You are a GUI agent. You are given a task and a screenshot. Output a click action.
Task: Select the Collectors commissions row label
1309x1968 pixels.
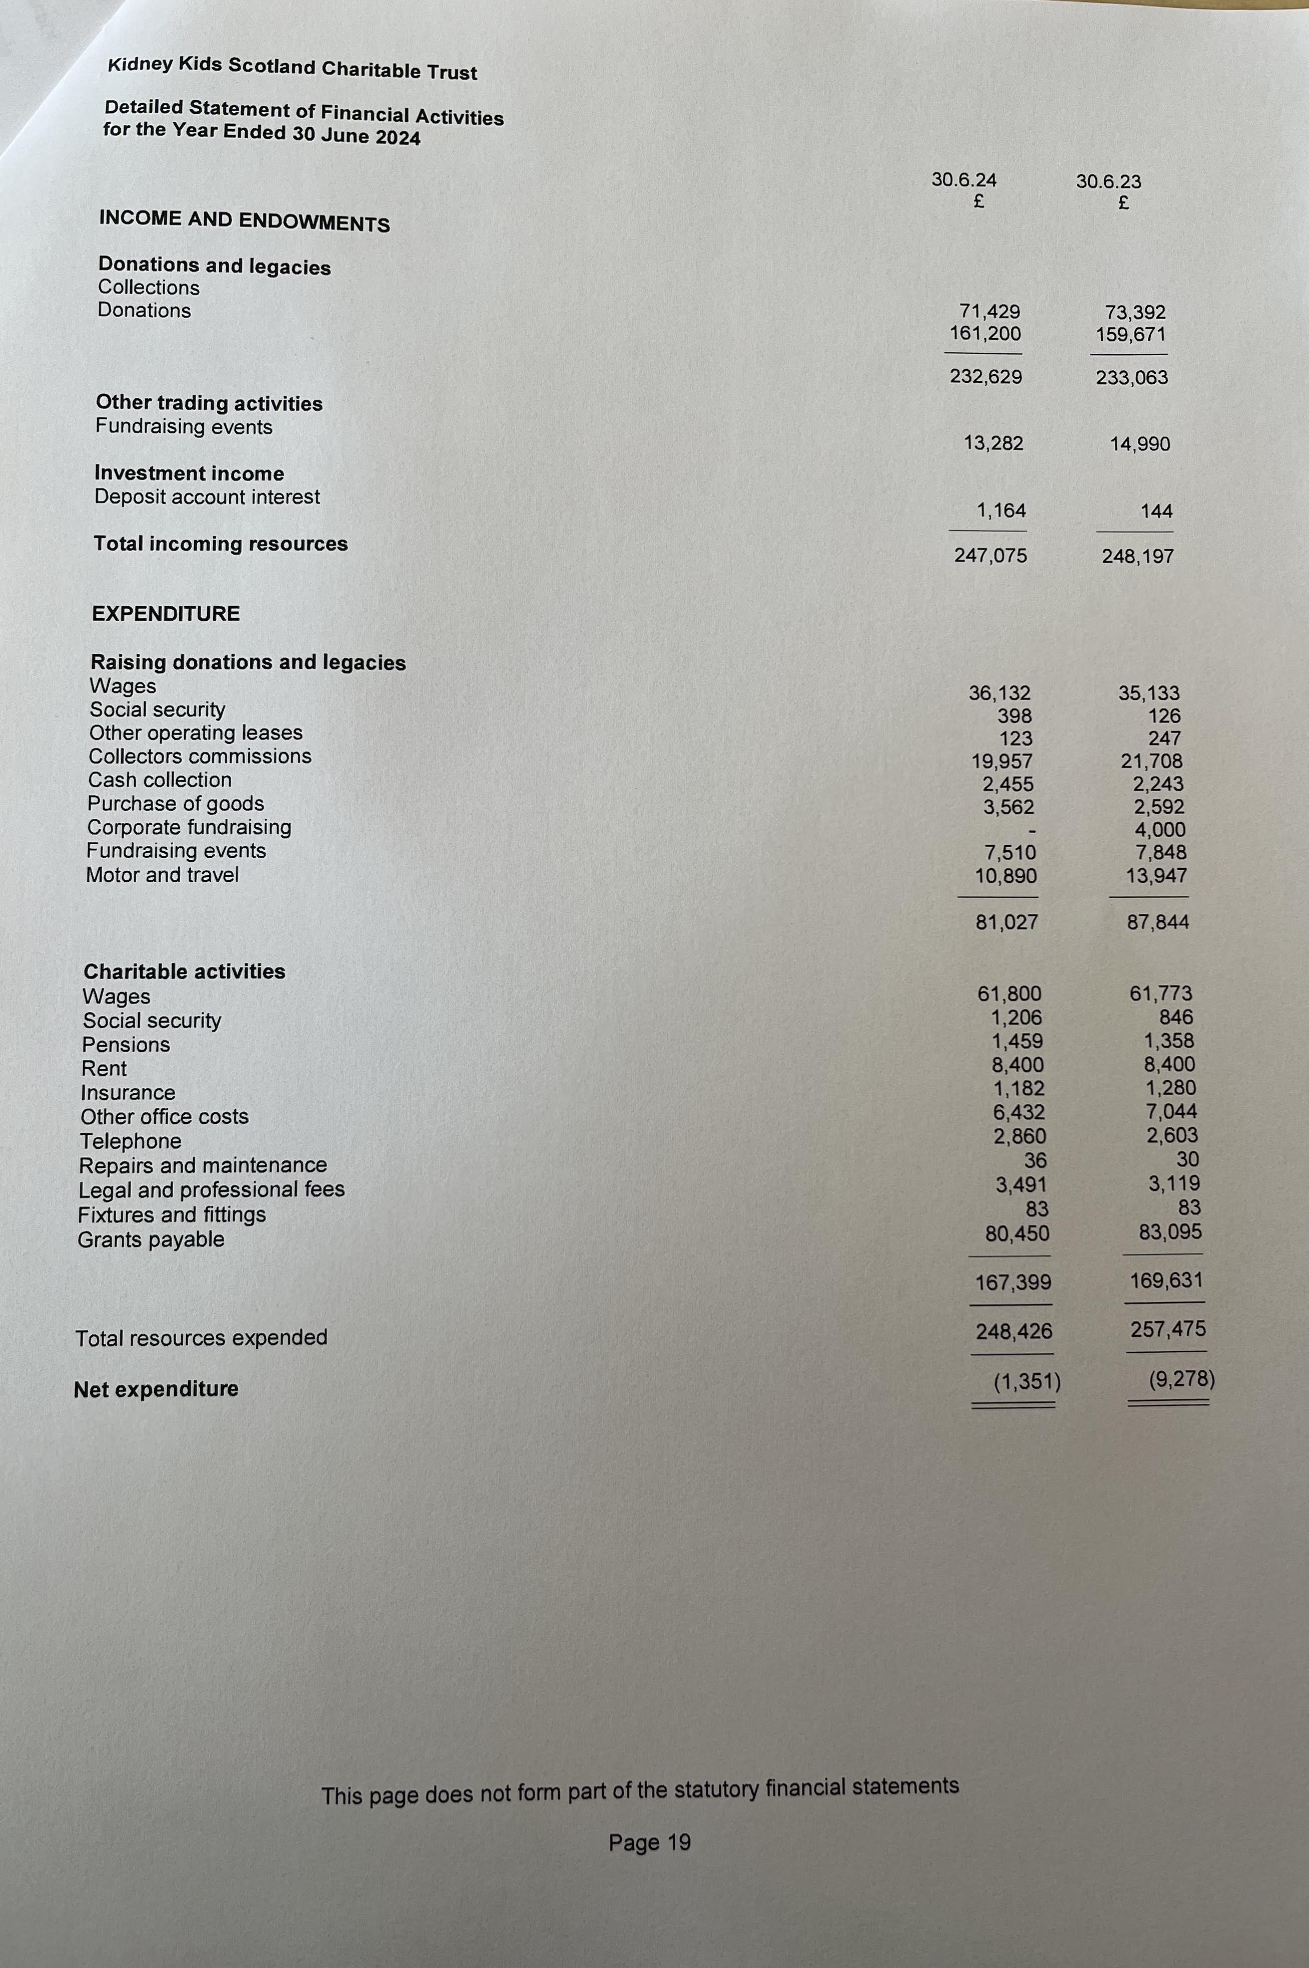click(200, 756)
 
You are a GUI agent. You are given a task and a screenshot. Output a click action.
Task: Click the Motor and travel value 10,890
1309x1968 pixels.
click(1006, 876)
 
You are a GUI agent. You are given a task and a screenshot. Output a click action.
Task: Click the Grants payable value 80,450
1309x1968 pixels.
click(1017, 1234)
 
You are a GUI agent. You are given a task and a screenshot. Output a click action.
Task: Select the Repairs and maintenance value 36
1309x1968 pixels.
click(1035, 1160)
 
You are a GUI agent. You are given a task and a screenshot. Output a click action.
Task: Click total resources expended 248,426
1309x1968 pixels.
click(1014, 1332)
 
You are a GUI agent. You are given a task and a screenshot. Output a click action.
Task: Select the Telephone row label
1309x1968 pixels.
click(130, 1141)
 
